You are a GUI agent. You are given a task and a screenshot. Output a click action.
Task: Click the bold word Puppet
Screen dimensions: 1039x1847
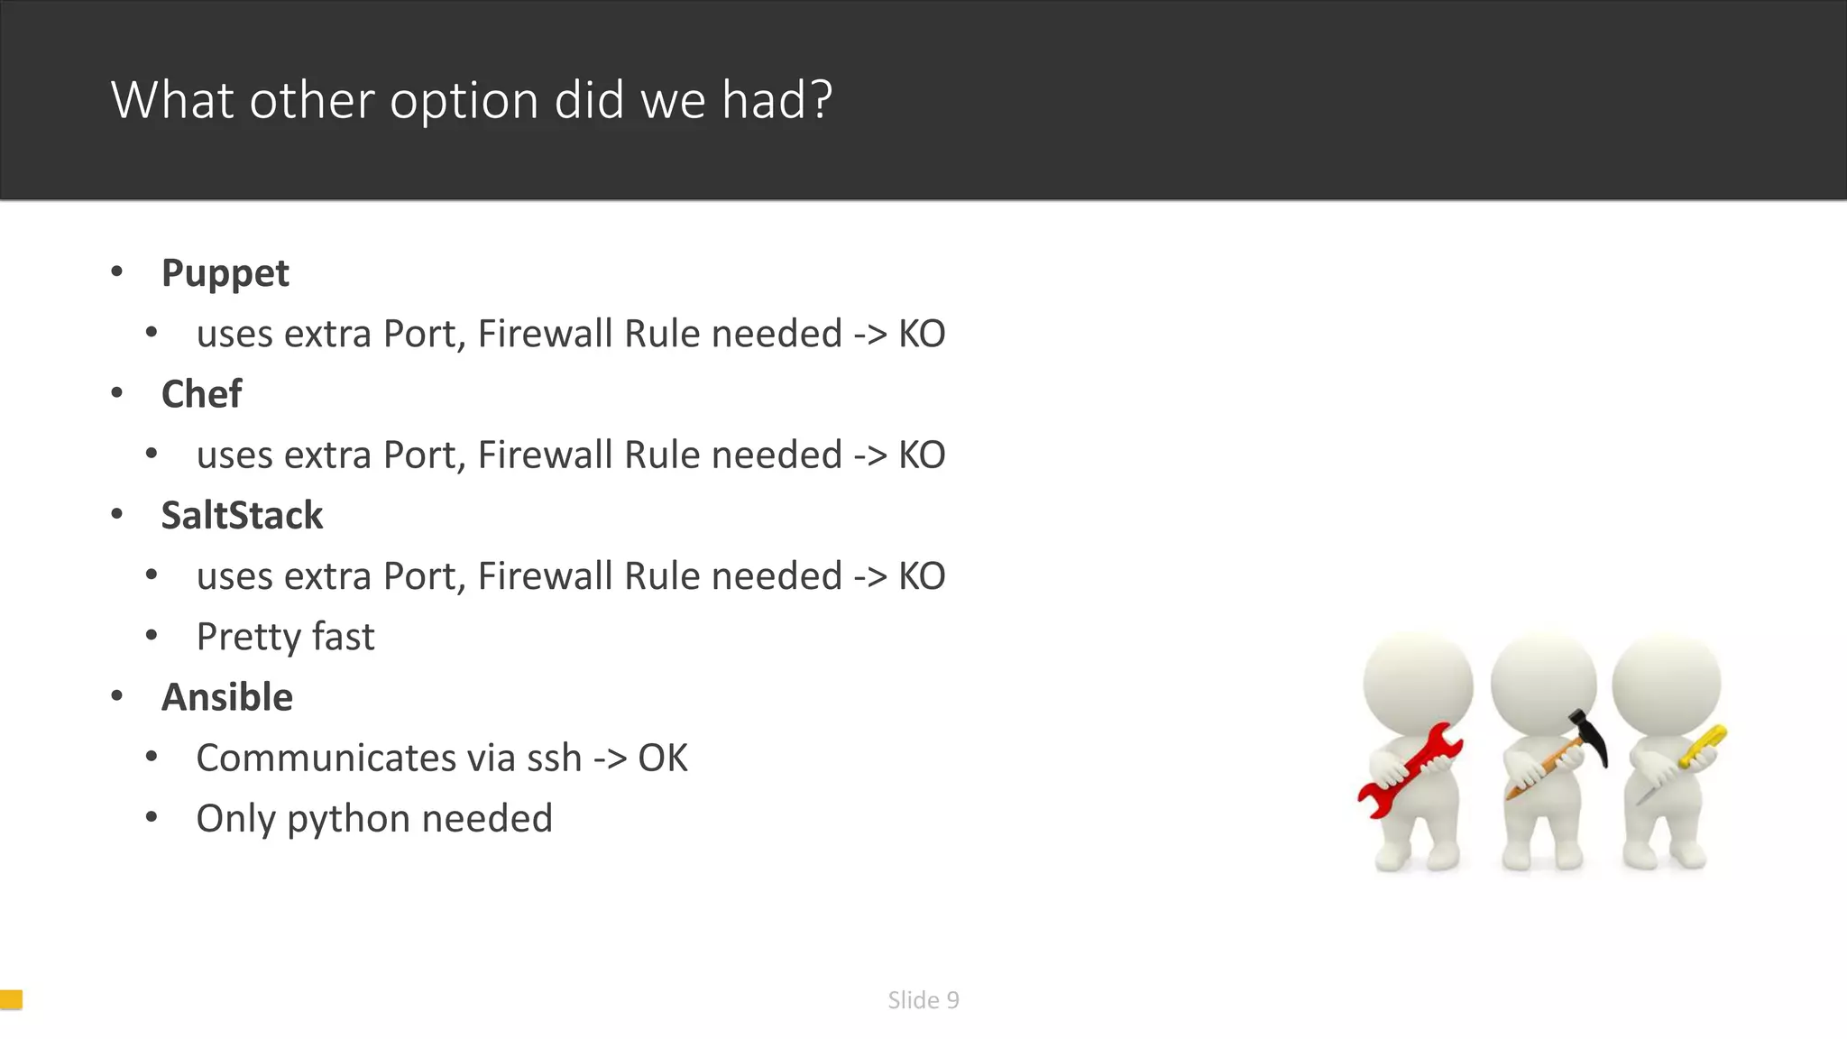225,273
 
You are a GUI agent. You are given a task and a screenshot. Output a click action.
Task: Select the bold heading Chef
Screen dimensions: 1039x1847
201,394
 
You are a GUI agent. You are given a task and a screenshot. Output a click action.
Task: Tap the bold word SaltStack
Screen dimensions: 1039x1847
242,516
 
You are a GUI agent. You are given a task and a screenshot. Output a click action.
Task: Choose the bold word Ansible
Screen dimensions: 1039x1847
226,697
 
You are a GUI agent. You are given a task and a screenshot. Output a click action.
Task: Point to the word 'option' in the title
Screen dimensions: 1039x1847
464,99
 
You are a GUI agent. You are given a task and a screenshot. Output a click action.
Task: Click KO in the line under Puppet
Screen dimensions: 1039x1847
921,334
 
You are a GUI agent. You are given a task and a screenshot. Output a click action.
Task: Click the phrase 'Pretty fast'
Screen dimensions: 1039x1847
285,637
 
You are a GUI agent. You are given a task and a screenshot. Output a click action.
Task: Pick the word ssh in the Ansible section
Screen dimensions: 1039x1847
554,758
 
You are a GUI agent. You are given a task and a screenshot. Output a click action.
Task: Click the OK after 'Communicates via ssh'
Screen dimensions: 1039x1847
663,758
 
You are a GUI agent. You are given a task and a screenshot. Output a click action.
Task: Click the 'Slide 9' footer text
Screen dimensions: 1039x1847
923,999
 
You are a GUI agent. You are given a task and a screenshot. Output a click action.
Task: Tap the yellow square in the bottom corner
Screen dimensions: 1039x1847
11,998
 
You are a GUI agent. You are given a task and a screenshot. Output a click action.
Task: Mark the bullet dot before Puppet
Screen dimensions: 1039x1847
116,271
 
